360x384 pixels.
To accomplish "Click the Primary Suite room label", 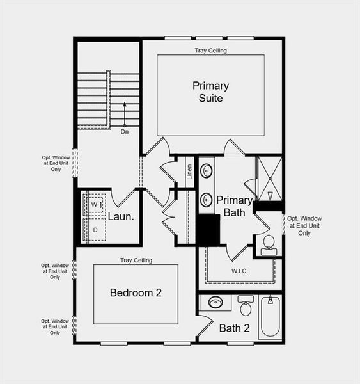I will click(x=210, y=92).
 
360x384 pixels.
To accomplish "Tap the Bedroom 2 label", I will click(x=136, y=292).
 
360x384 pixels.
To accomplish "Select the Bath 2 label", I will click(x=234, y=328).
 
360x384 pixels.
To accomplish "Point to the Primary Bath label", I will click(x=234, y=205).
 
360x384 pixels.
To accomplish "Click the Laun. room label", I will click(x=120, y=216).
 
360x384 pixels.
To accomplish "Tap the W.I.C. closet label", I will click(x=240, y=271).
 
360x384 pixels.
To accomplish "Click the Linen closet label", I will click(x=189, y=171).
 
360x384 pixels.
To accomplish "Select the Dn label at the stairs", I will click(x=125, y=132).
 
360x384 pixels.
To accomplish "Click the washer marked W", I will click(x=94, y=204).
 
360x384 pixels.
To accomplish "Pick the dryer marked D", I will click(x=95, y=229).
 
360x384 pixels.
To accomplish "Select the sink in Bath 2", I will click(x=216, y=302).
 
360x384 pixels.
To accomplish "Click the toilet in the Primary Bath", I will click(x=268, y=243).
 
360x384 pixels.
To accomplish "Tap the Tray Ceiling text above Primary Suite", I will click(x=210, y=50).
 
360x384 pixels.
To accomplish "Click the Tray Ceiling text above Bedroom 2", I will click(x=136, y=260).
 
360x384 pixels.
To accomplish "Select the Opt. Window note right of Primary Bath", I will click(x=304, y=225).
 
